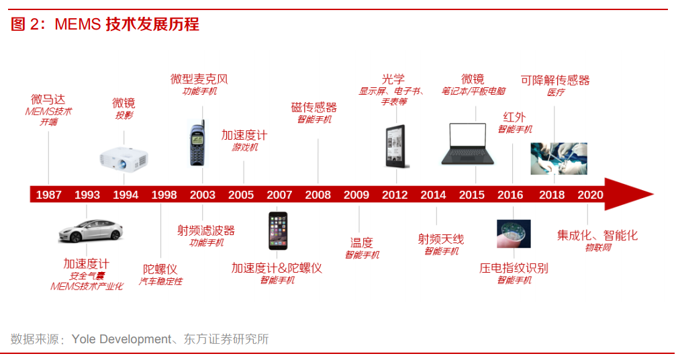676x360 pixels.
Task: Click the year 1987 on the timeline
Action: click(49, 195)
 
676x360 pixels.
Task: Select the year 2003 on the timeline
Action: click(203, 195)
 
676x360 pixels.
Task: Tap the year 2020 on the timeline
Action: click(590, 195)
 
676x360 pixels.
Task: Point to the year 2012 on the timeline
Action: click(395, 195)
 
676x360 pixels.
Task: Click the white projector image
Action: click(124, 159)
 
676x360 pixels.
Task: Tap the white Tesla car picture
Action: click(91, 230)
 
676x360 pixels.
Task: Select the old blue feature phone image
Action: click(197, 144)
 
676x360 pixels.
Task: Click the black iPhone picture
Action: click(278, 230)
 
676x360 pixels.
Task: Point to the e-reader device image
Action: click(396, 146)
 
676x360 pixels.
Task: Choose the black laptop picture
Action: click(468, 144)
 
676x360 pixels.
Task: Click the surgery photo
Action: click(559, 159)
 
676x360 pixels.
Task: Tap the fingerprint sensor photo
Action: click(514, 234)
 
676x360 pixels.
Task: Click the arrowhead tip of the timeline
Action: click(654, 194)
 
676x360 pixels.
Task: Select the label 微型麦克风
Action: click(199, 79)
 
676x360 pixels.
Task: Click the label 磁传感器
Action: click(314, 107)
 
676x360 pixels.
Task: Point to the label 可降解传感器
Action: click(555, 80)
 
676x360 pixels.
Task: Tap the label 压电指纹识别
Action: click(514, 268)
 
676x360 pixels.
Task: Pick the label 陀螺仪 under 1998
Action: click(160, 269)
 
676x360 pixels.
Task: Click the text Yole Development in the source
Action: click(121, 339)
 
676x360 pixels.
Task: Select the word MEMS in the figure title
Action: click(78, 24)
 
